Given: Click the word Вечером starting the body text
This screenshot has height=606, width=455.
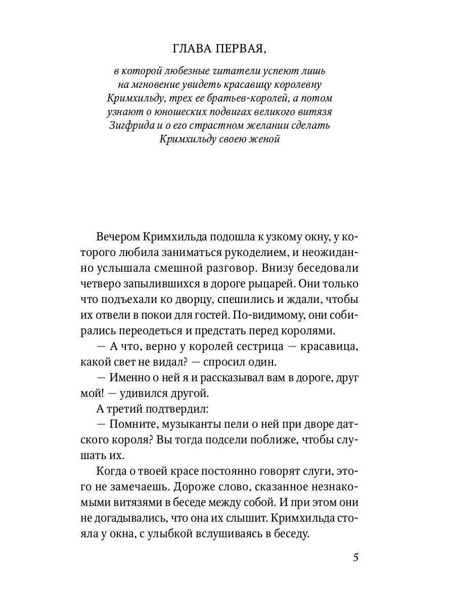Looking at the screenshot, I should pyautogui.click(x=117, y=237).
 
